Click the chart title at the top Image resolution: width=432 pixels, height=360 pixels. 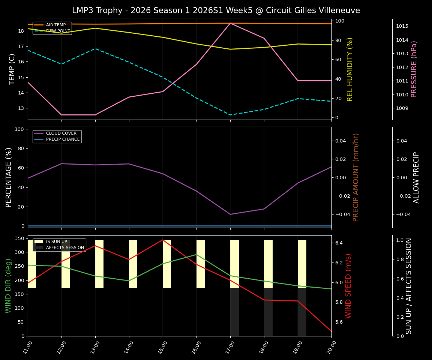click(x=216, y=10)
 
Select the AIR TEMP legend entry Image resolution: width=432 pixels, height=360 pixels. click(x=55, y=25)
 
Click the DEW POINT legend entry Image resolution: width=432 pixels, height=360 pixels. click(x=58, y=31)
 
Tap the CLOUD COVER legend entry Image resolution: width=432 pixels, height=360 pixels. click(x=61, y=133)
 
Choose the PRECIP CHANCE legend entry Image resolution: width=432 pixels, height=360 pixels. click(x=63, y=139)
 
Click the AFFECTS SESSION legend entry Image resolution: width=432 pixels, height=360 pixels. click(x=65, y=247)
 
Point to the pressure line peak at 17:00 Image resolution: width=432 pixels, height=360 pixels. click(x=230, y=23)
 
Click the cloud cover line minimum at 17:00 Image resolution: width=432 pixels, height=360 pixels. click(x=230, y=214)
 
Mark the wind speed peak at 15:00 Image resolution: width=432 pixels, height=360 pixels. click(x=163, y=240)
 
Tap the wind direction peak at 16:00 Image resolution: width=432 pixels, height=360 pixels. click(x=196, y=254)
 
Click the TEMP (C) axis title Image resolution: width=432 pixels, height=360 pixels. click(x=12, y=69)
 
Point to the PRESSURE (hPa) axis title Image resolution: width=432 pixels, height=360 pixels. click(x=414, y=69)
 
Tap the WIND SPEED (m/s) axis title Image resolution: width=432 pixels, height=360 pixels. click(x=348, y=286)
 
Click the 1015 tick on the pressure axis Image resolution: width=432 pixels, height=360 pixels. click(x=402, y=26)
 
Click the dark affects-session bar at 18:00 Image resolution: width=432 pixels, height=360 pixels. click(x=268, y=312)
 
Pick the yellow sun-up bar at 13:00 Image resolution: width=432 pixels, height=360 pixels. click(x=99, y=264)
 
